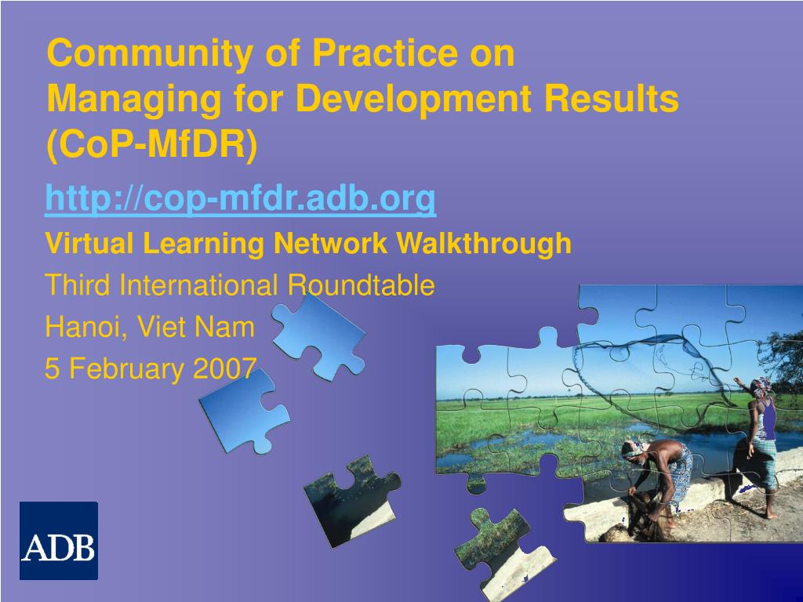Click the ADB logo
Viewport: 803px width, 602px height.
(58, 540)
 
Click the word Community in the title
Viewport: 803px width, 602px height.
(150, 53)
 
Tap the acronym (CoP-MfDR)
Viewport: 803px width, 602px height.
(152, 145)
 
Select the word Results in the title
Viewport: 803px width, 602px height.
(611, 98)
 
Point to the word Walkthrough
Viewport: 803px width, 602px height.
(483, 243)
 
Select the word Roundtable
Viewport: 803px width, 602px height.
(361, 285)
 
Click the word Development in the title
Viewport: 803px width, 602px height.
(414, 100)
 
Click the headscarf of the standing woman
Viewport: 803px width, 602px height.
(762, 384)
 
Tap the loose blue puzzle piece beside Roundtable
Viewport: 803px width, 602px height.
(320, 337)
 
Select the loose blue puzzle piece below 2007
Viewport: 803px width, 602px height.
(244, 409)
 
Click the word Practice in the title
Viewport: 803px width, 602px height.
(387, 53)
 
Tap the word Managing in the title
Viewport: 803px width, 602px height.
(134, 100)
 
